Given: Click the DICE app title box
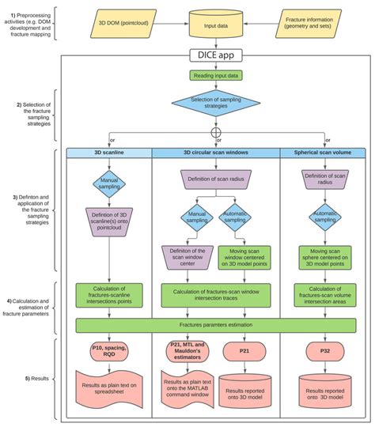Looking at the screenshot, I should (216, 56).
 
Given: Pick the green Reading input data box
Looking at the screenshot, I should (216, 75).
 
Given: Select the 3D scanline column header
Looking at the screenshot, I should (109, 152).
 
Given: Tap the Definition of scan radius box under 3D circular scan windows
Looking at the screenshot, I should (216, 181).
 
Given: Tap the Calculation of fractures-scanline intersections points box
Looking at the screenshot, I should (109, 295).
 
